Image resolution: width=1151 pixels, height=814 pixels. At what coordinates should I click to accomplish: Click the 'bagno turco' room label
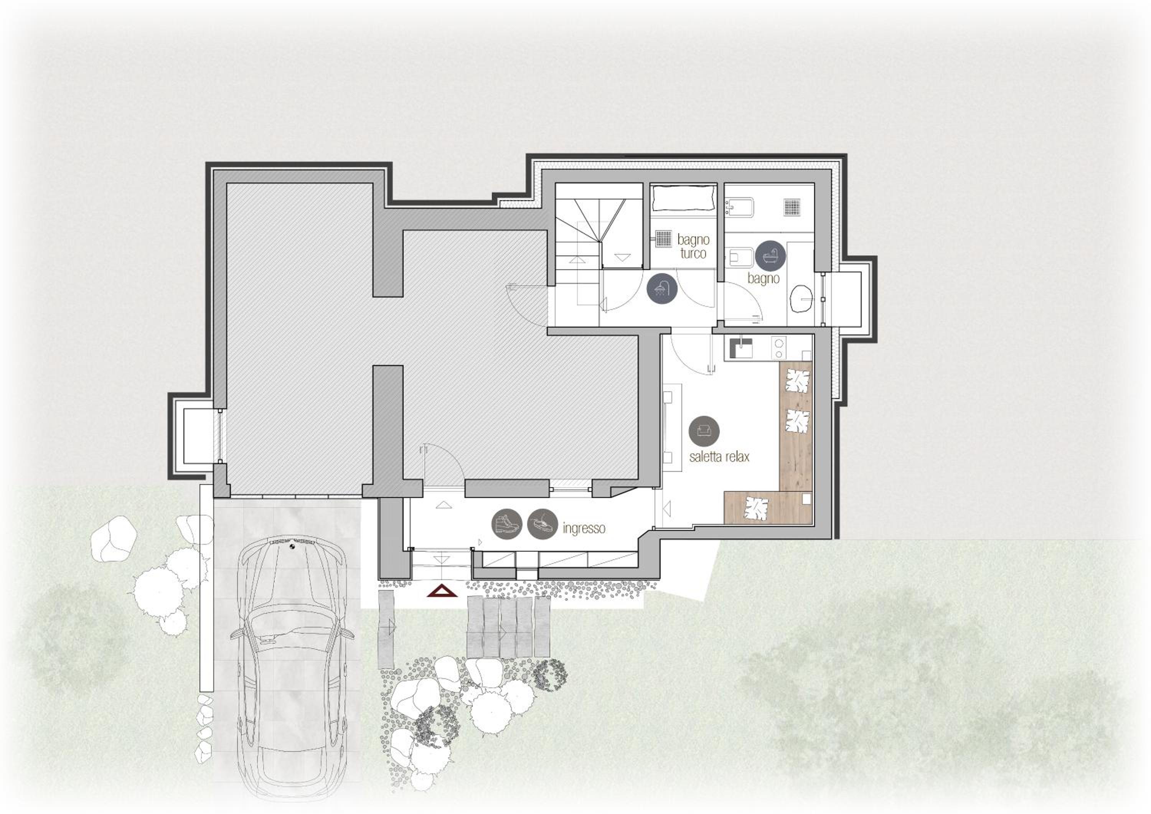pyautogui.click(x=693, y=246)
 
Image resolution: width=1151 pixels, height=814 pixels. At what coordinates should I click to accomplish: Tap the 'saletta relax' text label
pyautogui.click(x=719, y=456)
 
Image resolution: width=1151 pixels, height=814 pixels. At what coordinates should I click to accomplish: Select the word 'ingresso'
pyautogui.click(x=584, y=528)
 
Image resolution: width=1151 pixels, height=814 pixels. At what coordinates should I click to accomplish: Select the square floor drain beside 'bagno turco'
pyautogui.click(x=664, y=239)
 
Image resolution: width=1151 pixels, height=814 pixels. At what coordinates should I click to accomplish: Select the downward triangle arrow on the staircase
pyautogui.click(x=622, y=258)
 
